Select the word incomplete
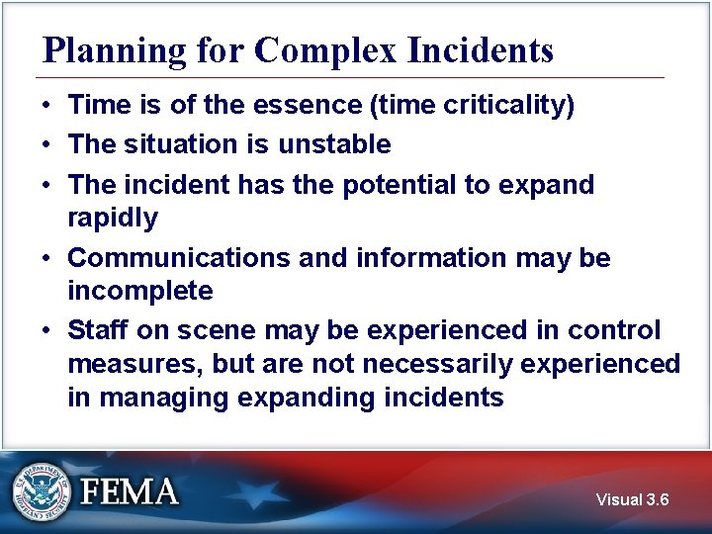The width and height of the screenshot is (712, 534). (x=139, y=291)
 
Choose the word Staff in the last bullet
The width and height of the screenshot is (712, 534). (x=95, y=330)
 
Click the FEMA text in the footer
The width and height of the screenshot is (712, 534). (x=130, y=491)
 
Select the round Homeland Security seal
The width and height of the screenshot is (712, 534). (x=43, y=490)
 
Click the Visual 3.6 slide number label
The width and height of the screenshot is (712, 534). (x=632, y=500)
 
